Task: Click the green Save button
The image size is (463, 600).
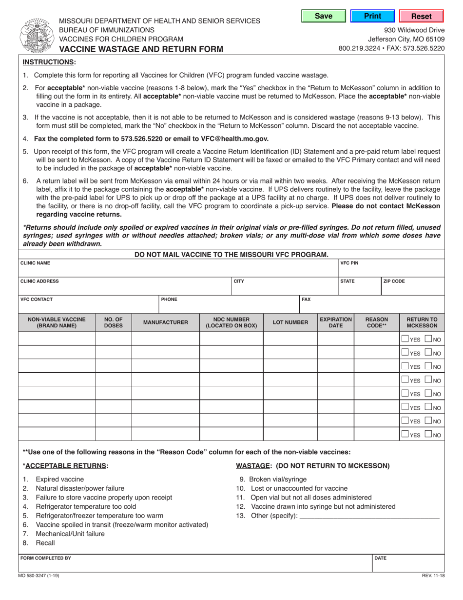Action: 324,16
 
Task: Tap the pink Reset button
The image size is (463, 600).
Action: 421,16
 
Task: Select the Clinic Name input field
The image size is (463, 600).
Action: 178,269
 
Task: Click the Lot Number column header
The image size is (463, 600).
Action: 290,322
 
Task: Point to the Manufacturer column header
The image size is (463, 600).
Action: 165,322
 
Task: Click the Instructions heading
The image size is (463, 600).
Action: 49,62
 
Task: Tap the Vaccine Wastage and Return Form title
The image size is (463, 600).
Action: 141,49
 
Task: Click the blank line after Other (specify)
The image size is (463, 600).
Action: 370,516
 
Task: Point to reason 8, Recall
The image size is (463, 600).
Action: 45,543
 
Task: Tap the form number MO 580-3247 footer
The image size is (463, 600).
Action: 39,576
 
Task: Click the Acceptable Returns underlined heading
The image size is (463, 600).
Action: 65,466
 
